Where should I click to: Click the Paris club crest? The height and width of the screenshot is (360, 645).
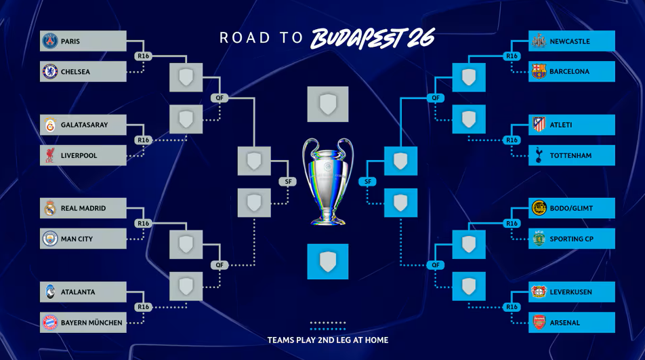[x=50, y=41]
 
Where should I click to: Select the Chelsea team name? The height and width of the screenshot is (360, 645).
[x=75, y=72]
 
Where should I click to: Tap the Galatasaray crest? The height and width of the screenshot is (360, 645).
[x=50, y=125]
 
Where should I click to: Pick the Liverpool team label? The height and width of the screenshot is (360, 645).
[x=79, y=156]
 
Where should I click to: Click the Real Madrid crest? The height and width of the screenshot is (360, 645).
[x=50, y=209]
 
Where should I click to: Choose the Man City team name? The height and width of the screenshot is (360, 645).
[x=77, y=239]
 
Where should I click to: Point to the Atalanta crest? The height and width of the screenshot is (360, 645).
[x=50, y=292]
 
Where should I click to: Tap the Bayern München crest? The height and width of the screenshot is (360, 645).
[x=50, y=323]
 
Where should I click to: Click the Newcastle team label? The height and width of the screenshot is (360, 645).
[x=569, y=41]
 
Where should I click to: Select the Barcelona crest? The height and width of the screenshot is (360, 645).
[x=539, y=72]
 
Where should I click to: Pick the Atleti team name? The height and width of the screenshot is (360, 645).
[x=561, y=125]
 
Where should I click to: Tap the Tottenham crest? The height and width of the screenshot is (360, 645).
[x=539, y=156]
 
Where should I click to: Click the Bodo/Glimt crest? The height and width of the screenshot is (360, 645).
[x=539, y=209]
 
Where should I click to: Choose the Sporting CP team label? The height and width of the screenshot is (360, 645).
[x=572, y=239]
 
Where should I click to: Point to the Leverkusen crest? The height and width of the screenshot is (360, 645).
[x=539, y=292]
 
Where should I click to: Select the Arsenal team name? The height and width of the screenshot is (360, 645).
[x=564, y=323]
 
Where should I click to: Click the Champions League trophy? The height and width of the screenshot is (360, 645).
[x=328, y=182]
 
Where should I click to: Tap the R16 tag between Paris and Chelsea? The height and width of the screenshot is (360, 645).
[x=142, y=56]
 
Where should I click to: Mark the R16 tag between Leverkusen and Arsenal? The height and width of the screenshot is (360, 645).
[x=512, y=307]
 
